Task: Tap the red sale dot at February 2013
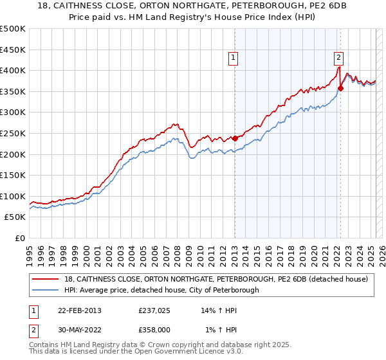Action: point(235,138)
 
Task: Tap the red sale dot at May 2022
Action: point(340,88)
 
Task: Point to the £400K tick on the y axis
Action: point(14,70)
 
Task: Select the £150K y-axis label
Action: point(14,175)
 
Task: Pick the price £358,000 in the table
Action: point(154,330)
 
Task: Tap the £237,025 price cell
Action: point(154,310)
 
